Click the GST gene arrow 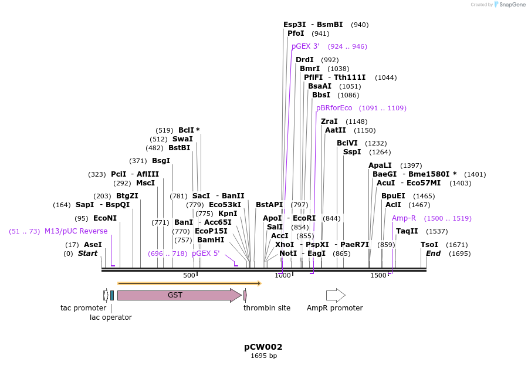(x=176, y=295)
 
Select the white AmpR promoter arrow (x=336, y=295)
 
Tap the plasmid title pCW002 (x=263, y=347)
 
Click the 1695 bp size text (x=263, y=356)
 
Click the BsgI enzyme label (x=161, y=161)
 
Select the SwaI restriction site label (x=182, y=139)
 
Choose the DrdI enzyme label (x=304, y=60)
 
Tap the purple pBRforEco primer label (x=334, y=108)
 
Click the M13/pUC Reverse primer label (x=76, y=231)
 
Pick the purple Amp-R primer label (x=404, y=218)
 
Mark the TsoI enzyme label (x=429, y=245)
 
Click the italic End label (x=433, y=254)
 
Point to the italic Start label (x=87, y=254)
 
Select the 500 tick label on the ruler (x=189, y=275)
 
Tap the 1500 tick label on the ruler (x=378, y=275)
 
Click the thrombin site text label (x=267, y=308)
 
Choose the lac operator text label (x=110, y=317)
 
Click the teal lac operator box (x=112, y=295)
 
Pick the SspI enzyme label (x=352, y=152)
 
